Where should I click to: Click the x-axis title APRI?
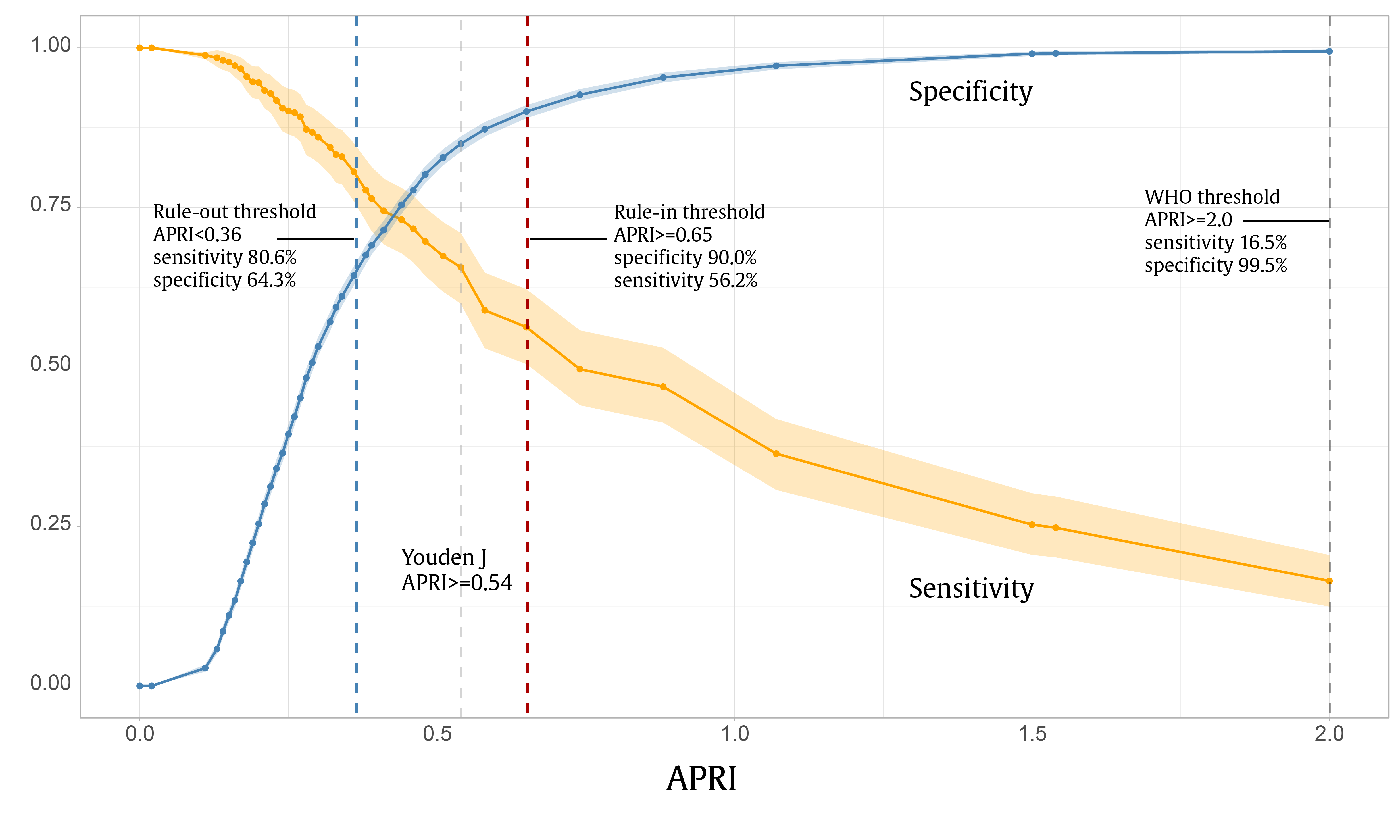(701, 779)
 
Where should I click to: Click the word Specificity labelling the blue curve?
(970, 92)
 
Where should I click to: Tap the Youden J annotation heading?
(443, 557)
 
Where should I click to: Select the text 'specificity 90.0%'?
(685, 258)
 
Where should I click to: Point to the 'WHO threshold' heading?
(1212, 197)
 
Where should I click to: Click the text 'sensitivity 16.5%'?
(1216, 243)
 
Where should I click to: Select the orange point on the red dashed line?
(527, 327)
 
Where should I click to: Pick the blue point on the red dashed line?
(527, 112)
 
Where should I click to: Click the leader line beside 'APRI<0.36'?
(316, 239)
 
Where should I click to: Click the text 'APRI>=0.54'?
(457, 583)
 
